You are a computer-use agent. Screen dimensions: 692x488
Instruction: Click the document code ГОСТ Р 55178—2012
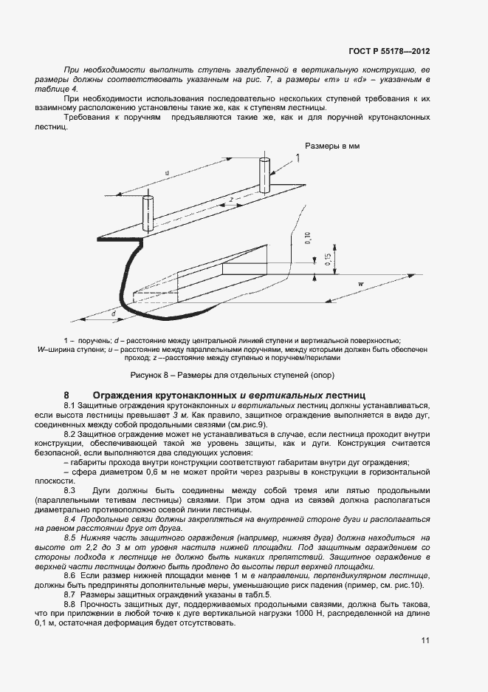389,52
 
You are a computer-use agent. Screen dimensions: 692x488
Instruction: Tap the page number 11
425,640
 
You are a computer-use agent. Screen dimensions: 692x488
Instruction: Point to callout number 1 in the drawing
297,158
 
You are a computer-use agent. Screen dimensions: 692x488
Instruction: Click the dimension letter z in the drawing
231,200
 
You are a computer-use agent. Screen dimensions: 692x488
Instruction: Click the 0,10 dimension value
309,238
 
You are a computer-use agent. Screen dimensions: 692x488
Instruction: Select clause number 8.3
71,491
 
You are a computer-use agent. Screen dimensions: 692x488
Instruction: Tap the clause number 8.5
71,537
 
